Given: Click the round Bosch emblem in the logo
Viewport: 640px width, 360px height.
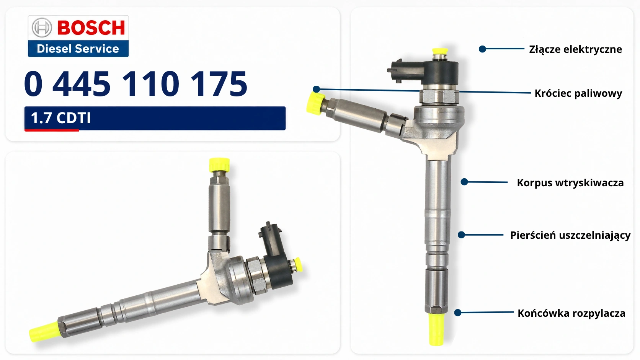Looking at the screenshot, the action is click(42, 28).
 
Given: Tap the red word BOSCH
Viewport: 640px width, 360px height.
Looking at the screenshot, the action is click(91, 28).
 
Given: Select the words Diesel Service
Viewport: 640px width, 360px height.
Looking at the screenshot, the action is click(78, 49).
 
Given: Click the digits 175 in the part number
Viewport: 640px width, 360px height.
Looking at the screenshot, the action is click(219, 84).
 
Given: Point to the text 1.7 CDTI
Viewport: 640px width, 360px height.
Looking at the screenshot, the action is click(60, 118).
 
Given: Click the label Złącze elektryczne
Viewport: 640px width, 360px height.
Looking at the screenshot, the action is click(575, 49).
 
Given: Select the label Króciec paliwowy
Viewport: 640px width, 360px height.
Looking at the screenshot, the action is click(578, 94).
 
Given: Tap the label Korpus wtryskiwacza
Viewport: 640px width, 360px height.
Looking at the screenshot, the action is click(570, 183).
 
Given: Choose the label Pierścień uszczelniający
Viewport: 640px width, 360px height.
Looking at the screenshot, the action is click(570, 236).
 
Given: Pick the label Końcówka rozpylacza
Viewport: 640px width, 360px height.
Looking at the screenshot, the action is click(571, 313).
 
